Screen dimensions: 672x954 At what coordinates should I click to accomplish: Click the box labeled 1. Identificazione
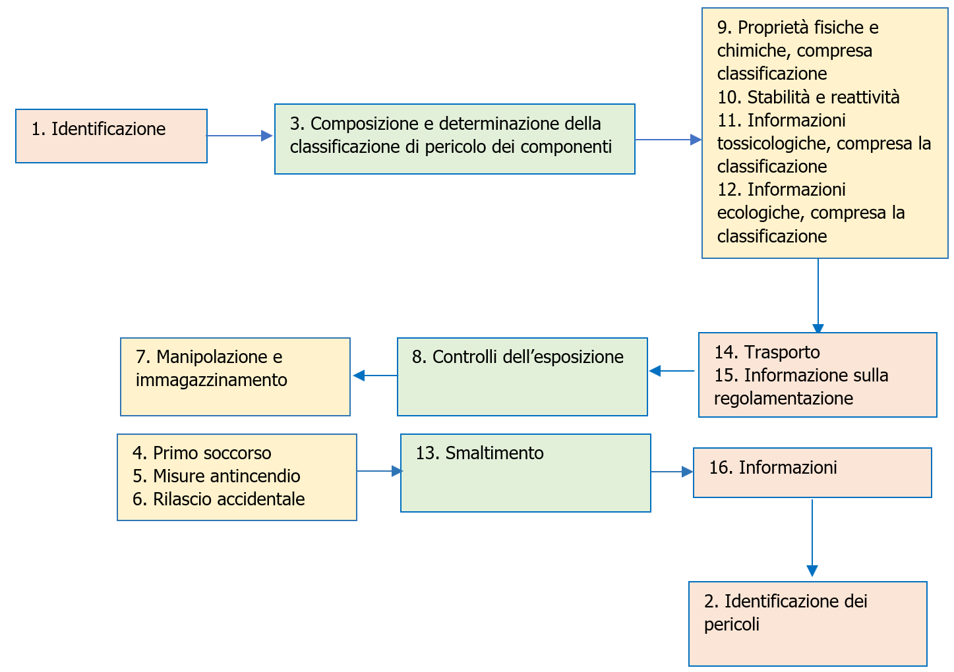111,136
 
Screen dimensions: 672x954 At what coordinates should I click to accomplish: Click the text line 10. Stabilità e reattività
808,98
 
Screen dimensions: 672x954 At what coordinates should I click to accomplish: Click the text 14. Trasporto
767,352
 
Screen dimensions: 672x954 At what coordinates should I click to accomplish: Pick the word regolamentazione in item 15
783,399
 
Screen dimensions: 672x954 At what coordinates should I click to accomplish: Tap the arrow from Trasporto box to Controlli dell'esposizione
672,371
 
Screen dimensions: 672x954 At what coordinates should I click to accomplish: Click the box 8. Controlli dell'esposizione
522,377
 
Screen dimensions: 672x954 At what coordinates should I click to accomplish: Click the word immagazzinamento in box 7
211,380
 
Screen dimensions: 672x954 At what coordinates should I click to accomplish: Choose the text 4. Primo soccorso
202,453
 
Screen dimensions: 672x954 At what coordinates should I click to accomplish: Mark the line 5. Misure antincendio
216,476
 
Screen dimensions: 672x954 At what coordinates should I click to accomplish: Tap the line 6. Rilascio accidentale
218,499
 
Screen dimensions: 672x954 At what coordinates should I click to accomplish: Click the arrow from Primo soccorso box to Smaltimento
379,471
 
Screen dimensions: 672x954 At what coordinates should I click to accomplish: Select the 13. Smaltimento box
525,473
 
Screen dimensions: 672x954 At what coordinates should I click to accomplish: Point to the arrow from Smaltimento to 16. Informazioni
672,472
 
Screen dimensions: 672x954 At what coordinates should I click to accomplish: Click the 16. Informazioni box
812,473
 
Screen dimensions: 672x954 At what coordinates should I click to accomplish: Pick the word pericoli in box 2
731,625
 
